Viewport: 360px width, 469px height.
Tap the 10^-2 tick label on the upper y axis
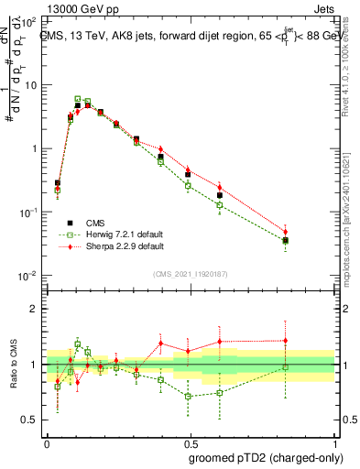29,276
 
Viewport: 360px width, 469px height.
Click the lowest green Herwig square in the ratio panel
188,397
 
